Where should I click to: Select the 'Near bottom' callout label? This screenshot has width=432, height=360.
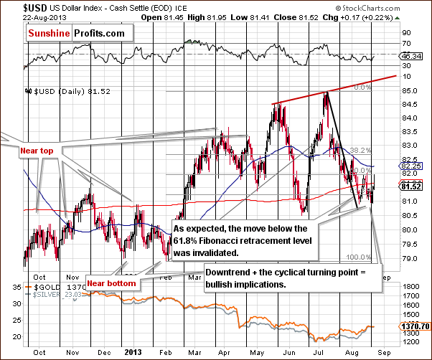point(111,280)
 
